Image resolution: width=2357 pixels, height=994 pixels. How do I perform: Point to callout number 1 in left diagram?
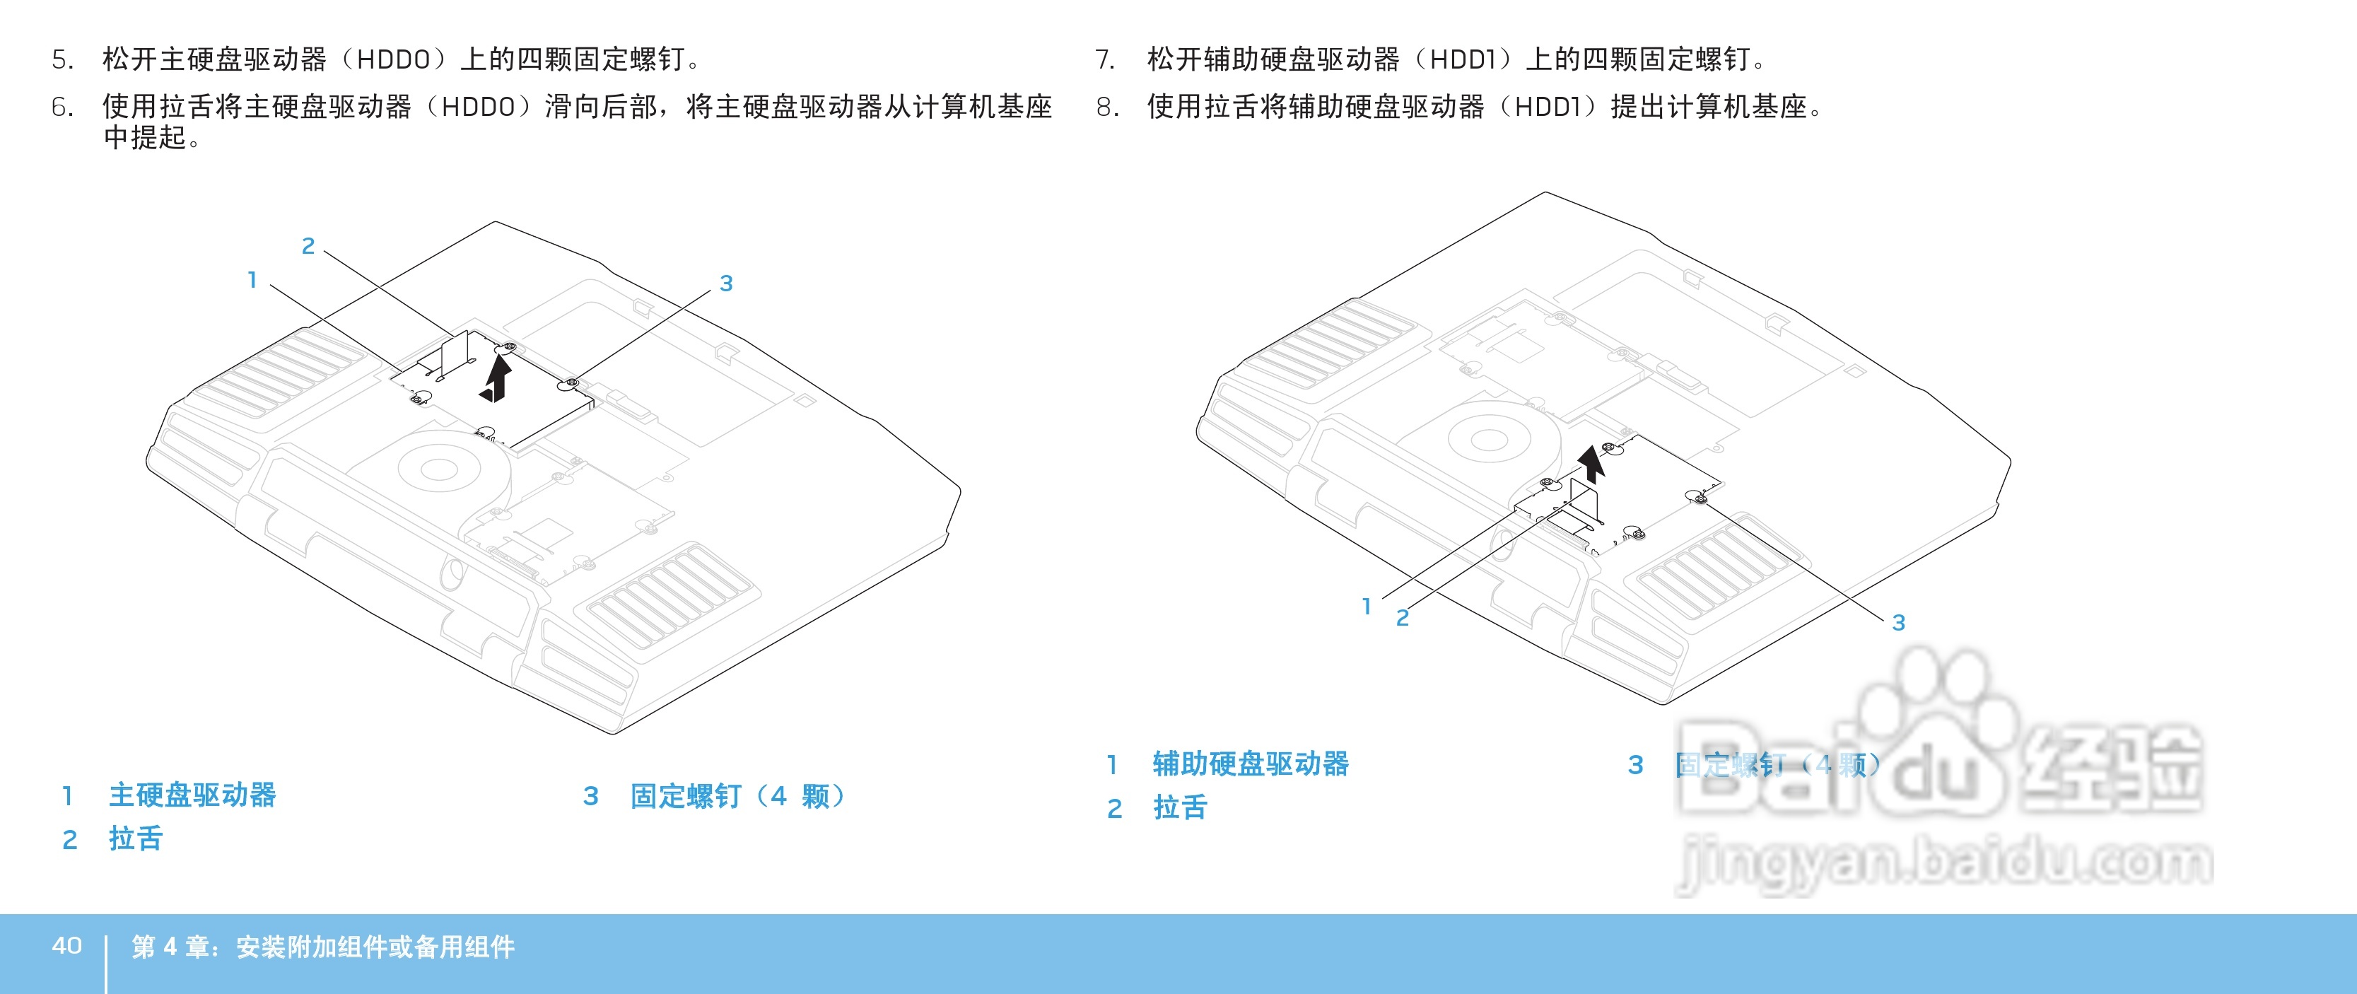click(252, 280)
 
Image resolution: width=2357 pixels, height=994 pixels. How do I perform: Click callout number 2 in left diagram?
click(308, 246)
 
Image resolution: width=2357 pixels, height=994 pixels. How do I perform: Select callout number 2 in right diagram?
click(1402, 619)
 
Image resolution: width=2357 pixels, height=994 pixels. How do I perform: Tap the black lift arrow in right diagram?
click(1592, 463)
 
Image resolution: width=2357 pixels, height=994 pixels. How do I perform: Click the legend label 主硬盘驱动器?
click(192, 795)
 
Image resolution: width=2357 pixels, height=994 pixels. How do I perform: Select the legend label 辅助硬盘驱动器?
click(1250, 764)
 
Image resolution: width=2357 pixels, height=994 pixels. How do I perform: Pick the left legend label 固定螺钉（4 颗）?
click(737, 796)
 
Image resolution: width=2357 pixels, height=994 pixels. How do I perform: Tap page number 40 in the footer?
click(66, 945)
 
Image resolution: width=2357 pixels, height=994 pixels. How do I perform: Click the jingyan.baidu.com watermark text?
click(1943, 863)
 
